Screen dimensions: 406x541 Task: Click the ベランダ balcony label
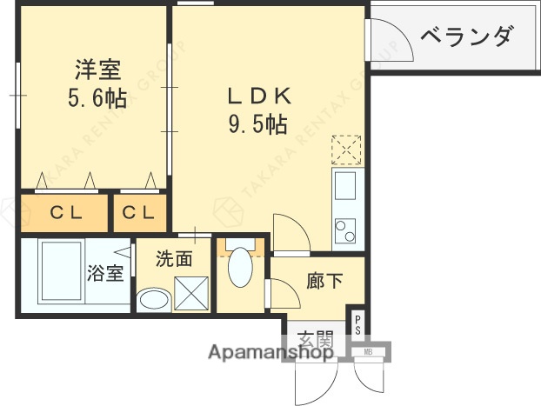[x=466, y=37]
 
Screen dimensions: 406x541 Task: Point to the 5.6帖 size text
[x=97, y=98]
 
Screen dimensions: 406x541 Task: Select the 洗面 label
[x=173, y=258]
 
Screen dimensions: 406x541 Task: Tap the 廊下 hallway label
[x=324, y=282]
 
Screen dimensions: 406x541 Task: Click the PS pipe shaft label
[x=357, y=324]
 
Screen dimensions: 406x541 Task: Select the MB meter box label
[x=370, y=352]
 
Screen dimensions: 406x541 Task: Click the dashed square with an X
[x=346, y=150]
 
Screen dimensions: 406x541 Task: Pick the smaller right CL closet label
[x=138, y=211]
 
